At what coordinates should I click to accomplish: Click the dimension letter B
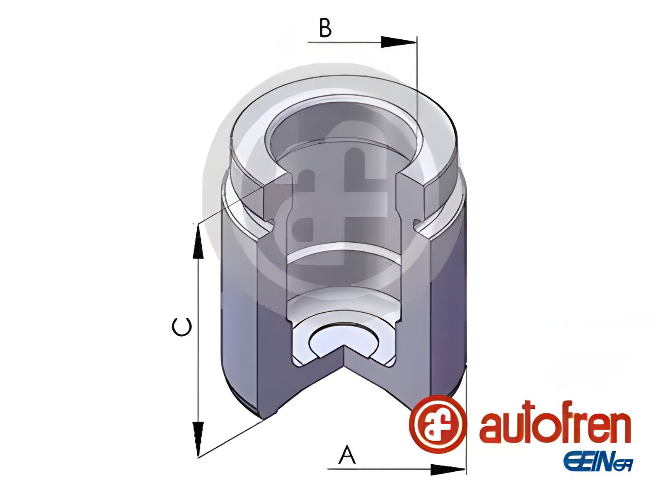click(x=325, y=28)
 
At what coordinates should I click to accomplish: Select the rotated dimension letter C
click(x=181, y=326)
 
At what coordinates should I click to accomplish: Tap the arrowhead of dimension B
click(x=398, y=42)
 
